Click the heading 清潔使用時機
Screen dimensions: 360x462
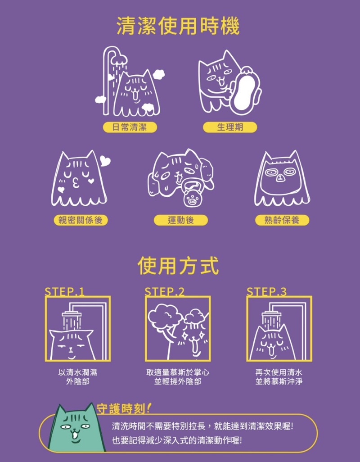click(x=178, y=26)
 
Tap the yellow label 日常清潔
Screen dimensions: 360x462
click(x=130, y=127)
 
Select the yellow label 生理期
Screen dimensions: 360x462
click(x=230, y=127)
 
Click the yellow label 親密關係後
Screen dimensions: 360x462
click(x=81, y=220)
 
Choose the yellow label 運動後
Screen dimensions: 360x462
click(x=181, y=220)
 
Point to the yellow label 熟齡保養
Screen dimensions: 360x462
click(x=282, y=220)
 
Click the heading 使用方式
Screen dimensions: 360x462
click(x=178, y=266)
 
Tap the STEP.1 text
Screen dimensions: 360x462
click(x=64, y=292)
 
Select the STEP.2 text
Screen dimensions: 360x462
click(x=165, y=292)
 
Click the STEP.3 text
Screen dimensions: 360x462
click(x=266, y=292)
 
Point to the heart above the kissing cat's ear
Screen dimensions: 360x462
click(x=105, y=161)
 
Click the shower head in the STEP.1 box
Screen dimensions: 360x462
click(x=71, y=315)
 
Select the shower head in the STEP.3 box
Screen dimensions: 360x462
click(x=272, y=315)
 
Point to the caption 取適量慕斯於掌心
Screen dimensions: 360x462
click(x=178, y=372)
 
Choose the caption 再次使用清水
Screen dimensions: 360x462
click(x=279, y=372)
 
